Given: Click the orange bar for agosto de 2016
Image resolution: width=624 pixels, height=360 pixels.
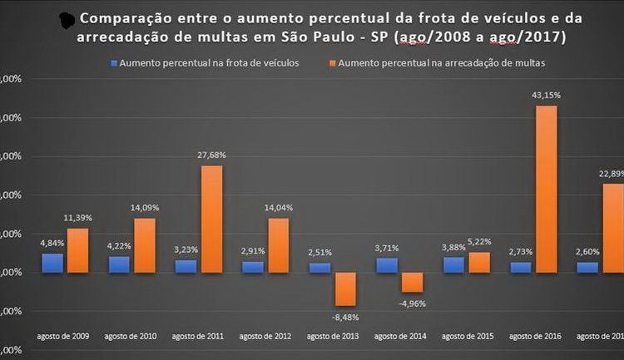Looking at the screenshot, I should coord(546,189).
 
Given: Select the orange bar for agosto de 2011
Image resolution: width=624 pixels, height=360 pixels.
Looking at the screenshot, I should coord(211,219).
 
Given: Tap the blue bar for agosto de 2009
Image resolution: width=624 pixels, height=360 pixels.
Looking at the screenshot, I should coord(52,263).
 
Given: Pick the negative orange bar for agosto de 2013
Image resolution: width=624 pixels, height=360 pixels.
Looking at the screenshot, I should coord(345,288).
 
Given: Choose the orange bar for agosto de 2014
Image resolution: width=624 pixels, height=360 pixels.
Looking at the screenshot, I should coord(412,282).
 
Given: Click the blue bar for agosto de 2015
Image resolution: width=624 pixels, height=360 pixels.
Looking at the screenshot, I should coord(453,264).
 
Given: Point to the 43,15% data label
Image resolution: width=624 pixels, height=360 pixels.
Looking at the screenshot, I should coord(546,96).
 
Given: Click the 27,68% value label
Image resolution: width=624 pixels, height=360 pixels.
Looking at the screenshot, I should coord(211,155).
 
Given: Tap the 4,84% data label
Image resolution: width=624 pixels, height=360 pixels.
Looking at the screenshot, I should coord(52,244).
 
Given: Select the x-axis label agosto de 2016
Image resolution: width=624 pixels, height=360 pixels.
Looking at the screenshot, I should coord(532,336).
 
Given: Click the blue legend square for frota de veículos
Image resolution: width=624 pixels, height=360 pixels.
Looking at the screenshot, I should coord(113,63).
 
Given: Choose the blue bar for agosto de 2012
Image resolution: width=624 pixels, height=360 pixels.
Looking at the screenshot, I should coord(252,267).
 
